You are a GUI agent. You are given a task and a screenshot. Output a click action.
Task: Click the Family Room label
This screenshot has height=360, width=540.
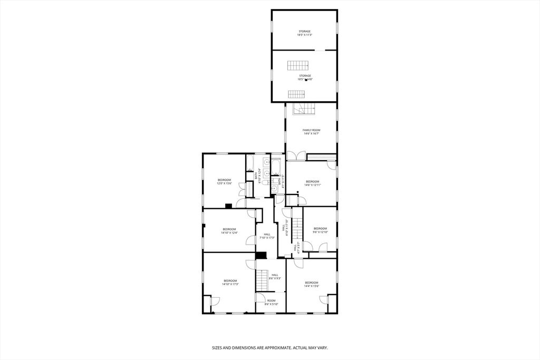tap(311, 132)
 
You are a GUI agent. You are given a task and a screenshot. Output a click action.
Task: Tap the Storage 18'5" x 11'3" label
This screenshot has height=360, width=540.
tap(305, 33)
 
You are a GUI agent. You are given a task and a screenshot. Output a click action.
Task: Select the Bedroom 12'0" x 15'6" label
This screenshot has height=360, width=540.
tap(224, 182)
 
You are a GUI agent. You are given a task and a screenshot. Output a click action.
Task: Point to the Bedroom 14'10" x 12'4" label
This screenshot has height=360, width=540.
tap(229, 231)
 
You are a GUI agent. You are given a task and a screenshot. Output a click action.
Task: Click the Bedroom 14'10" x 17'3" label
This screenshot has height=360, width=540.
tap(230, 283)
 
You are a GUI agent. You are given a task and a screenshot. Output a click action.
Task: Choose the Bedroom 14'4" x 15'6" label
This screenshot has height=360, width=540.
tap(311, 284)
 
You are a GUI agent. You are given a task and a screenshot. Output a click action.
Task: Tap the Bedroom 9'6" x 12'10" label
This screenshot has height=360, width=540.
tap(321, 230)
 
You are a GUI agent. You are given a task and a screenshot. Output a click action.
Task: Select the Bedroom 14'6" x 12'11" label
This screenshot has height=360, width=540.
tap(313, 183)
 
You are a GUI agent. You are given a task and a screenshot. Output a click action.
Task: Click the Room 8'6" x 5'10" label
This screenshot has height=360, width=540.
tap(271, 303)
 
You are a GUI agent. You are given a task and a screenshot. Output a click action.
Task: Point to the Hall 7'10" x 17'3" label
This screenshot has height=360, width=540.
tap(267, 236)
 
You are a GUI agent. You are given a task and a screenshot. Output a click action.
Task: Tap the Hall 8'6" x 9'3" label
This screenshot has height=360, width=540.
tap(275, 276)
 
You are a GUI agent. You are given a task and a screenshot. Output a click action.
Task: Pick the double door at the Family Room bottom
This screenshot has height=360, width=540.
tap(296, 156)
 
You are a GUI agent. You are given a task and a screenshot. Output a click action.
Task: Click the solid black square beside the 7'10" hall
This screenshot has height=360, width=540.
tap(261, 256)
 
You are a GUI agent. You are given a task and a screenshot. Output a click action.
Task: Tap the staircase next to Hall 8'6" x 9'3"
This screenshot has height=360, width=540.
tap(262, 279)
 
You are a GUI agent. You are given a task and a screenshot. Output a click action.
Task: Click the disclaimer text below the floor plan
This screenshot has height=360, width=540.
tap(269, 348)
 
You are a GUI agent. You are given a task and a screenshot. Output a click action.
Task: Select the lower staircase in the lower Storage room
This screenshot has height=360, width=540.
tap(296, 94)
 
